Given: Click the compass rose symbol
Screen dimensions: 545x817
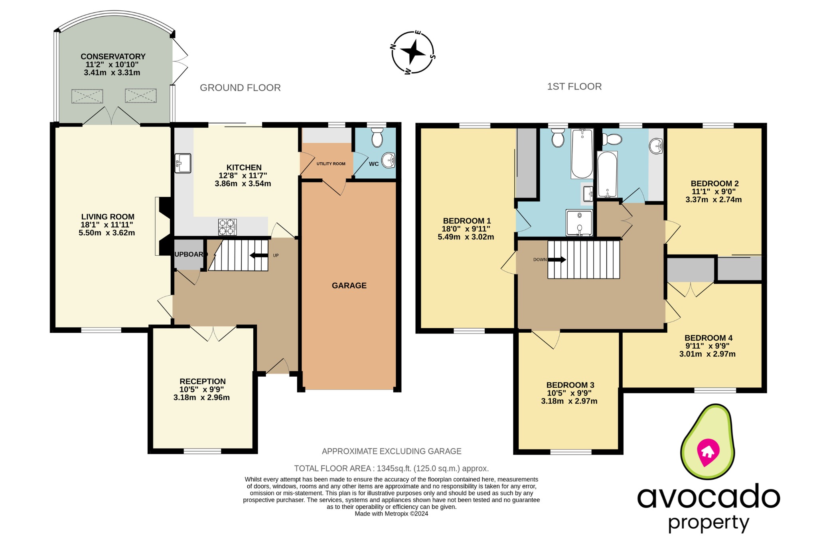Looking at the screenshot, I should point(413,52).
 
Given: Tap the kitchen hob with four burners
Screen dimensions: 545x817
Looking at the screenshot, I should point(227,227).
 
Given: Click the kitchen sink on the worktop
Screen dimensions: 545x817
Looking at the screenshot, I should point(183,163).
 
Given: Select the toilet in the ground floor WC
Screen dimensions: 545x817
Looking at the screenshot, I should point(377,138).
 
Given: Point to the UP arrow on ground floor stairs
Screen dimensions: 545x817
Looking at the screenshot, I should point(259,256).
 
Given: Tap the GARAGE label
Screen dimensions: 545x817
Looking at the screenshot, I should point(349,286).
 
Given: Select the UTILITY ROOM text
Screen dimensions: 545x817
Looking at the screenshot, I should point(331,164).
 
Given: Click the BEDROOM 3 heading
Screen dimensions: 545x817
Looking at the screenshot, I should point(570,385).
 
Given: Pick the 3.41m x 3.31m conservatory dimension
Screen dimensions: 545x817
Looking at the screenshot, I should point(112,73).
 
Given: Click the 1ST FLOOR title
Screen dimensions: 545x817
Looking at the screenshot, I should point(574,87).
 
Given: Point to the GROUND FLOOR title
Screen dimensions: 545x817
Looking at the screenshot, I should point(240,88).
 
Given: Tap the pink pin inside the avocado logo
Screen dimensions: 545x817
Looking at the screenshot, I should point(708,452).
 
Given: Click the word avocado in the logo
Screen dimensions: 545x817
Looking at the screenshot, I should point(708,497).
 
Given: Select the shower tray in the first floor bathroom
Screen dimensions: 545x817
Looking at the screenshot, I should point(579,223).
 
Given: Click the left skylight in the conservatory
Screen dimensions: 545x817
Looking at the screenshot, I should point(87,96).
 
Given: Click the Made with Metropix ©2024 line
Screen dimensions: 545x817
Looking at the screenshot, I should point(391,514).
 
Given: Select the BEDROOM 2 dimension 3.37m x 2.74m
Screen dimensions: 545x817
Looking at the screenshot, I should point(713,200).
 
